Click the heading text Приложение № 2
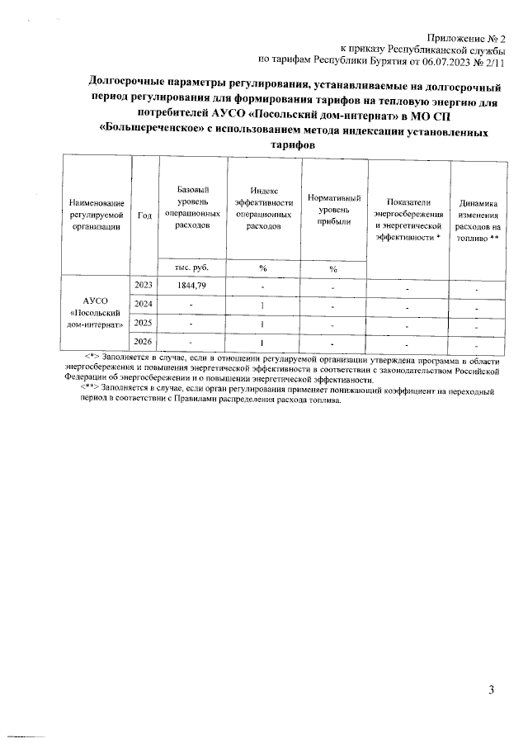pos(466,38)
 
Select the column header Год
pos(144,215)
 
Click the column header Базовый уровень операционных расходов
pos(192,207)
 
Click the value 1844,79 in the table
pos(192,285)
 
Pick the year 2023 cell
pos(144,285)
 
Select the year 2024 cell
pos(144,305)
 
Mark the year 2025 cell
pos(144,323)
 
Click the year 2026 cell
pos(144,342)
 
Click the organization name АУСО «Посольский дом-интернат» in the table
pos(97,313)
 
